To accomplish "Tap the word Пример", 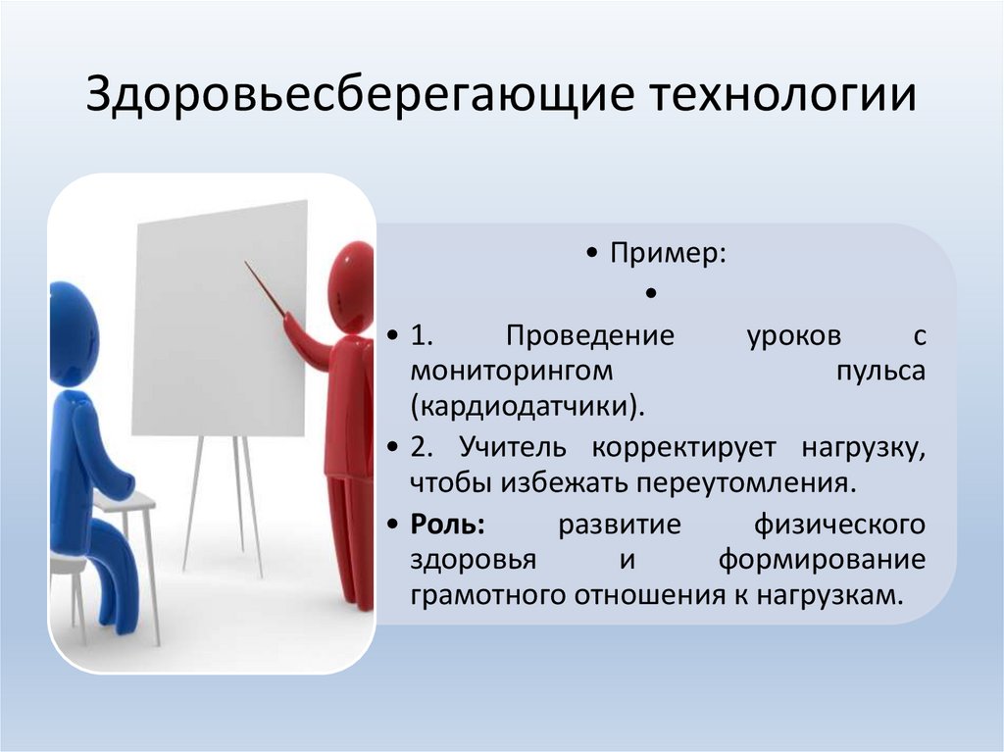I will (669, 253).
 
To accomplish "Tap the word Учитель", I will (516, 447).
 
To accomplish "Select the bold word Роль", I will (447, 524).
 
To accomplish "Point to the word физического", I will (839, 524).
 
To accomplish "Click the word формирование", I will (822, 560).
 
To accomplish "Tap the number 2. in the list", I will (422, 447).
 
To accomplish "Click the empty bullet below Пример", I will (651, 293).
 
